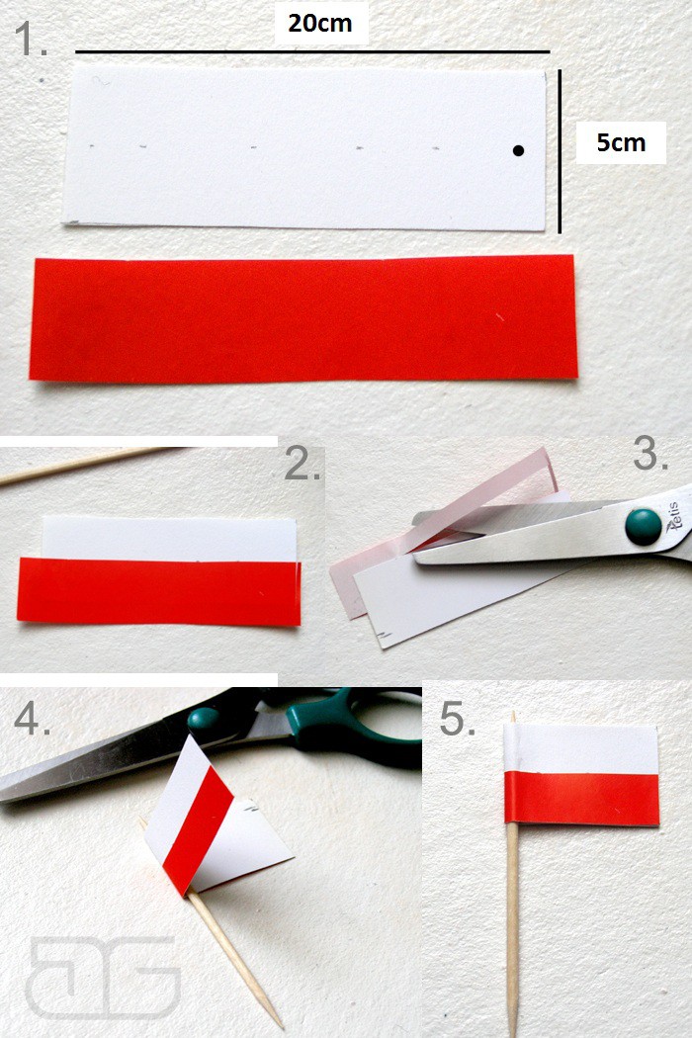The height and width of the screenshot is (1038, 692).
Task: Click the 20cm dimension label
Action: (x=320, y=23)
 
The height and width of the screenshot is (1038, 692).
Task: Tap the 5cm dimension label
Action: (x=621, y=142)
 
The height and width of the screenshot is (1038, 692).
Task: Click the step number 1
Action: (x=31, y=39)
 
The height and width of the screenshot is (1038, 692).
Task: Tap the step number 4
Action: (x=32, y=718)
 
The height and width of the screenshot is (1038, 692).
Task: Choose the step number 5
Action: (x=458, y=719)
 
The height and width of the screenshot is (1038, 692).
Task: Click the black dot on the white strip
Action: (x=518, y=151)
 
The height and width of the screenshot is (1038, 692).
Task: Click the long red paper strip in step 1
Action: (x=303, y=318)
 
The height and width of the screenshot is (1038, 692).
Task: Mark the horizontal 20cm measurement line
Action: (x=312, y=51)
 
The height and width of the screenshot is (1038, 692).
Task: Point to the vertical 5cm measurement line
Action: (x=560, y=151)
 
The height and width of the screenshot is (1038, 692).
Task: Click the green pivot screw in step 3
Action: (x=643, y=527)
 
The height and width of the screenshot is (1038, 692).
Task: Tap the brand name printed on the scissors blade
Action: (x=675, y=517)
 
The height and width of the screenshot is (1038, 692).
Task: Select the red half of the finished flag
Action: (x=582, y=798)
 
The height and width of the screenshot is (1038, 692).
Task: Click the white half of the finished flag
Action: (x=580, y=748)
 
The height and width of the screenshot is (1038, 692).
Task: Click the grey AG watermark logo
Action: (x=103, y=977)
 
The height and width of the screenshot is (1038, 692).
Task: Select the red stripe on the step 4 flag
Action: (x=198, y=830)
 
